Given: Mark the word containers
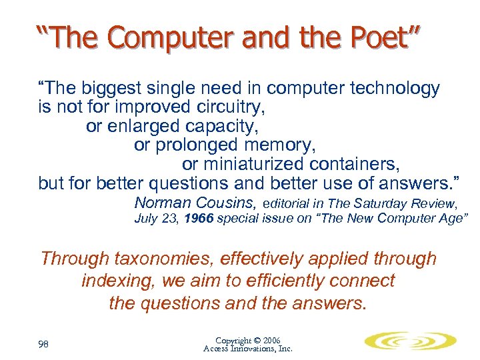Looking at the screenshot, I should click(x=357, y=163).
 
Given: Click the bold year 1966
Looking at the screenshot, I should click(x=199, y=219).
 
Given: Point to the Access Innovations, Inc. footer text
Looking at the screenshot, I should click(x=247, y=349).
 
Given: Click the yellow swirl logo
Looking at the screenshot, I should click(x=410, y=341).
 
